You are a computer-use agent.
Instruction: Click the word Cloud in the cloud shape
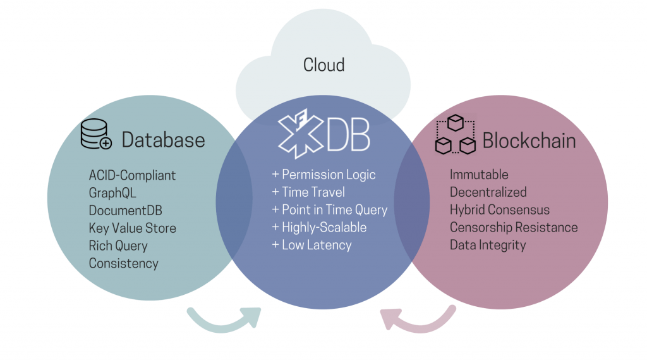click(323, 65)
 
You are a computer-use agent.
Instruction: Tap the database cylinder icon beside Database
click(96, 134)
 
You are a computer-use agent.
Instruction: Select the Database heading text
click(163, 140)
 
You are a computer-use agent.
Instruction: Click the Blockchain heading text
click(529, 140)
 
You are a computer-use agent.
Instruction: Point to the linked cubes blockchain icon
click(455, 135)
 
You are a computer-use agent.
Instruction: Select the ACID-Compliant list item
click(132, 175)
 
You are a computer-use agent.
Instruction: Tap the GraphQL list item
click(112, 192)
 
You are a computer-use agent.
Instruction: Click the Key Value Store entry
click(132, 228)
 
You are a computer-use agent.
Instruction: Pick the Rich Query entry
click(118, 245)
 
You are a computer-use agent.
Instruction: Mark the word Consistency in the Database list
click(123, 263)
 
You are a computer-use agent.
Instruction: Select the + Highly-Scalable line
click(319, 227)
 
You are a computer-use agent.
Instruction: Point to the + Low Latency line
click(311, 245)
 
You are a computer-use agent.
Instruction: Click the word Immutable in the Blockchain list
click(479, 175)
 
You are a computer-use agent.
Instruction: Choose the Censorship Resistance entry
click(514, 227)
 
